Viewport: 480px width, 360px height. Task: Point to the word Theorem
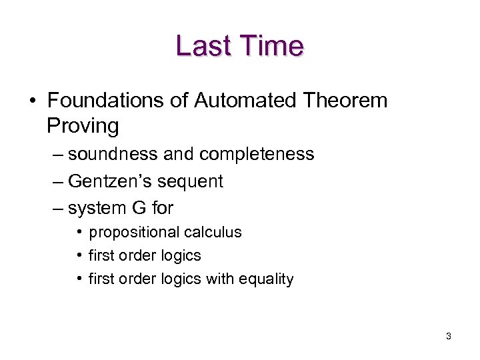[x=345, y=101]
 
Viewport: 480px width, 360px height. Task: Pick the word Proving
[x=83, y=125]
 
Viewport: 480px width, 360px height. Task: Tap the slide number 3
[x=449, y=337]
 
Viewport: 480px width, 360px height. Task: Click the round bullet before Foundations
[x=33, y=101]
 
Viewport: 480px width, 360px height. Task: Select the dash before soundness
[x=57, y=155]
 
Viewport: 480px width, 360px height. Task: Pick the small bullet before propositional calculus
[x=79, y=233]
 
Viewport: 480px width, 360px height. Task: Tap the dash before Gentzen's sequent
[x=57, y=181]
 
